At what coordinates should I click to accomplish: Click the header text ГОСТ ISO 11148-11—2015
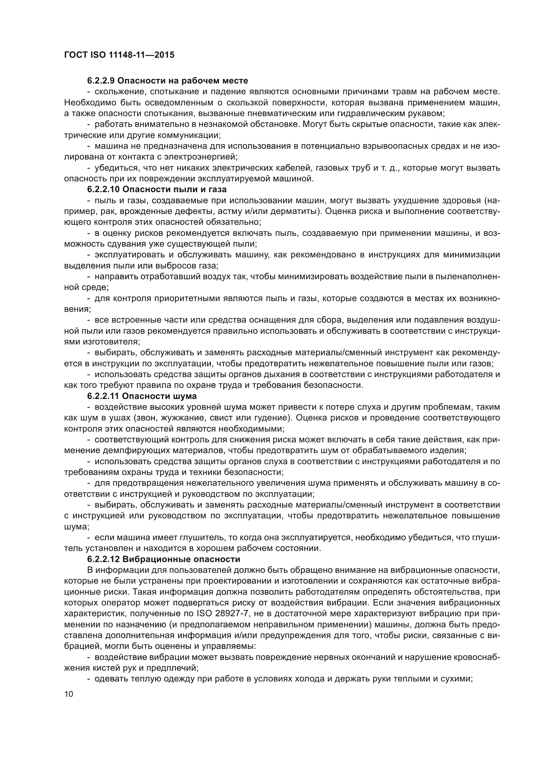[x=119, y=55]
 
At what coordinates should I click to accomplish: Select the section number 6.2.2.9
[x=101, y=81]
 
